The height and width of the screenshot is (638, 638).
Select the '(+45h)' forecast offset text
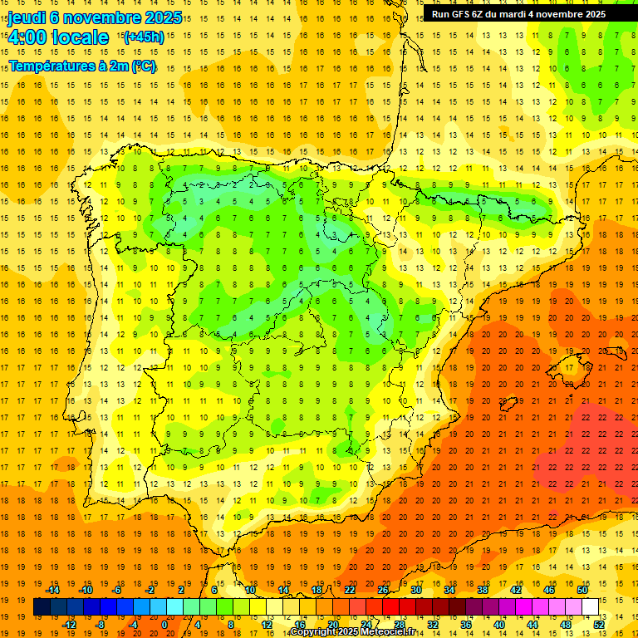(x=143, y=37)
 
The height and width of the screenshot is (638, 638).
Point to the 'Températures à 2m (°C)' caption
(x=81, y=66)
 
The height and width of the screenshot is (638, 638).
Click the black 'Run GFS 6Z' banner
(x=518, y=14)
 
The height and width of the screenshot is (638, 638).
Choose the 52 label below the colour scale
(x=599, y=624)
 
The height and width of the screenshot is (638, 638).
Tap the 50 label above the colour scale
(x=582, y=590)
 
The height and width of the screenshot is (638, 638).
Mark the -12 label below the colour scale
(x=69, y=624)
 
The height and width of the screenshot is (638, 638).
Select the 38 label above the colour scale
(x=482, y=590)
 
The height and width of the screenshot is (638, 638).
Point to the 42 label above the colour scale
(x=515, y=590)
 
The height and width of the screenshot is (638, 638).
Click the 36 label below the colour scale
(x=465, y=624)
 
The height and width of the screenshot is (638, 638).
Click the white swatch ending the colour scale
(x=590, y=606)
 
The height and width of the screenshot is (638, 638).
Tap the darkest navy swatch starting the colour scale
(x=42, y=606)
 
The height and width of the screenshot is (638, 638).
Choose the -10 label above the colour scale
(x=86, y=590)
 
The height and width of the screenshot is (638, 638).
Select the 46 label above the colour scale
(x=548, y=590)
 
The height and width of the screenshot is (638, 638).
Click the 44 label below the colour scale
(x=532, y=624)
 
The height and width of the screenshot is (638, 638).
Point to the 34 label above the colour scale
(x=449, y=590)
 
